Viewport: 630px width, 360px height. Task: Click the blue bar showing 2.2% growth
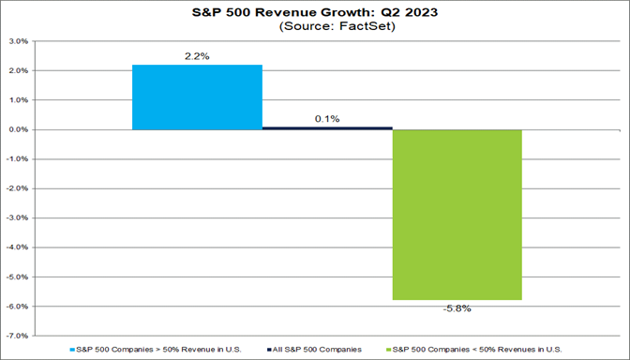(x=197, y=97)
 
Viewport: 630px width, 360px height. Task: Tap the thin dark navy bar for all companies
(x=327, y=127)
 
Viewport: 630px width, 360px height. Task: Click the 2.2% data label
(x=197, y=56)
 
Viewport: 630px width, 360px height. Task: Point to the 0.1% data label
(x=327, y=118)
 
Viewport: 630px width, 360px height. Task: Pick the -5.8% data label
(x=457, y=308)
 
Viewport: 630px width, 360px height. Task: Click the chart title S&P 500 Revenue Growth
(x=314, y=12)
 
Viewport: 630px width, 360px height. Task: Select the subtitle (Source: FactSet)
(x=314, y=27)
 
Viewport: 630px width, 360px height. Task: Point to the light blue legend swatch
(x=73, y=349)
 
